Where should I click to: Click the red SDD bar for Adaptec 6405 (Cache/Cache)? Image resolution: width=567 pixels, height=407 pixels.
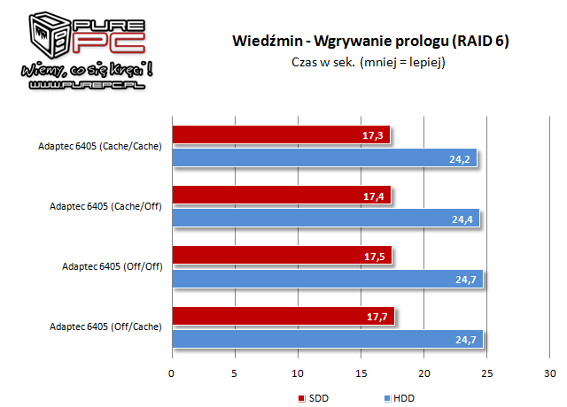280,134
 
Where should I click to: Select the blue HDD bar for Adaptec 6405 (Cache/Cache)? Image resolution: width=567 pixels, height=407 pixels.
324,157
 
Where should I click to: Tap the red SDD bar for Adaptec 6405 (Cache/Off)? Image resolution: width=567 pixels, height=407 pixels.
281,195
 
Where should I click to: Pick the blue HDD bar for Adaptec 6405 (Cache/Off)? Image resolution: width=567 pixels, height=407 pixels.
325,218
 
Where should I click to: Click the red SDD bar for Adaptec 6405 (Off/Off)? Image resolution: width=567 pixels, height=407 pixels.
282,256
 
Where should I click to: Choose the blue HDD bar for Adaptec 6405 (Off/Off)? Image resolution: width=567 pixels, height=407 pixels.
327,279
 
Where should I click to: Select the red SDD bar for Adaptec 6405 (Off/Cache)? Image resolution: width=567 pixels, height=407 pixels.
283,317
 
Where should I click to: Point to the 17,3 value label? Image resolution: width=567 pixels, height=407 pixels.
373,134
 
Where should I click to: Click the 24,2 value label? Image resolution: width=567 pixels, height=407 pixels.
460,157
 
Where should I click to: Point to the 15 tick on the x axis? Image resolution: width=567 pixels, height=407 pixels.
361,372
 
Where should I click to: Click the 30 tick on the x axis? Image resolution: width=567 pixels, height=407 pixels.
549,372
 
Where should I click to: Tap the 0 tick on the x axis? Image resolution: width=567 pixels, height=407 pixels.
172,372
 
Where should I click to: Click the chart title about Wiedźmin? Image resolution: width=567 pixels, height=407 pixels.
370,41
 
